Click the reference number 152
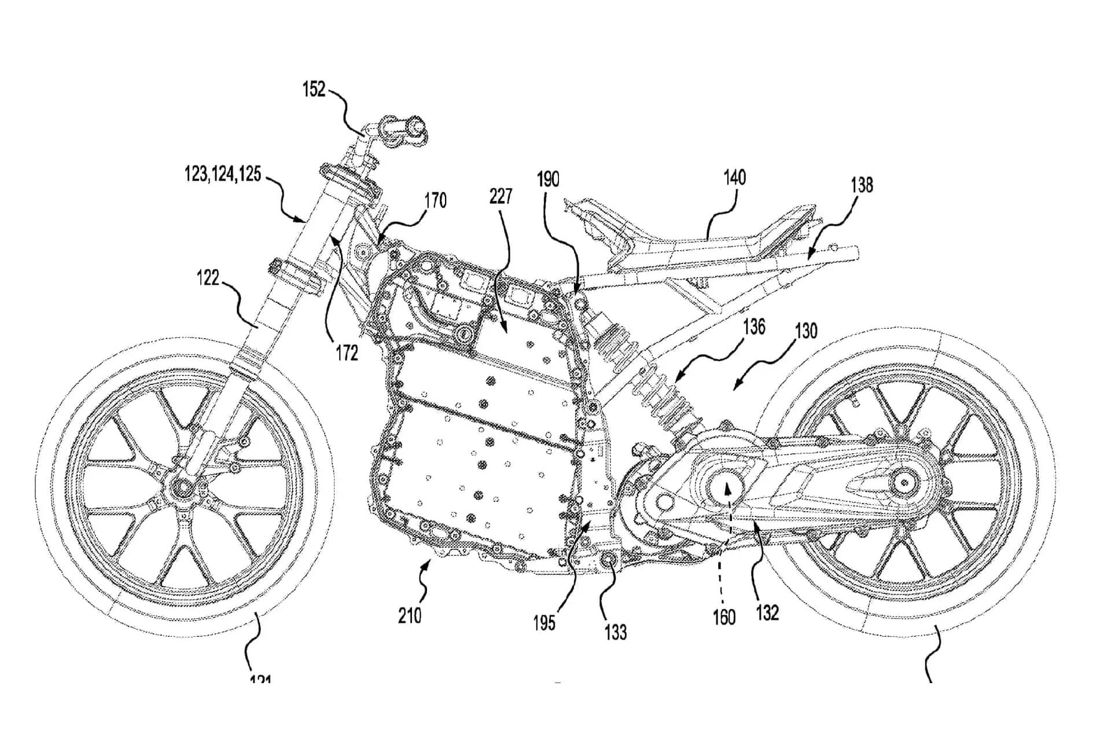point(314,90)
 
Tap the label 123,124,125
point(223,174)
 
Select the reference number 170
point(435,201)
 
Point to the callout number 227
point(501,196)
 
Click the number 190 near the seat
point(548,179)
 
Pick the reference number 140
point(734,177)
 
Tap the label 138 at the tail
point(862,185)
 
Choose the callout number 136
point(754,327)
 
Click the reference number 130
point(806,331)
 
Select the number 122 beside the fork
point(208,278)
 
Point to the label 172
point(347,353)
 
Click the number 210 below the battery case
point(410,615)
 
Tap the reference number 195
point(545,623)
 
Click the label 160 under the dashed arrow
point(724,618)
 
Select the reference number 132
point(767,612)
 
